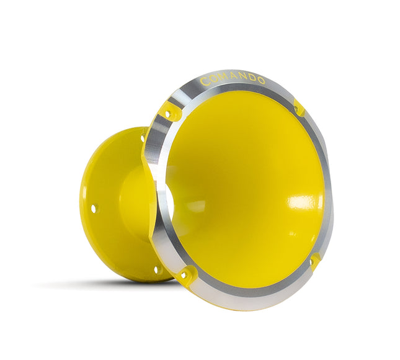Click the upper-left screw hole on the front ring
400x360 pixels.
(167, 114)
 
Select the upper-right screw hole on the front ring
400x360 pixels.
(296, 109)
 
